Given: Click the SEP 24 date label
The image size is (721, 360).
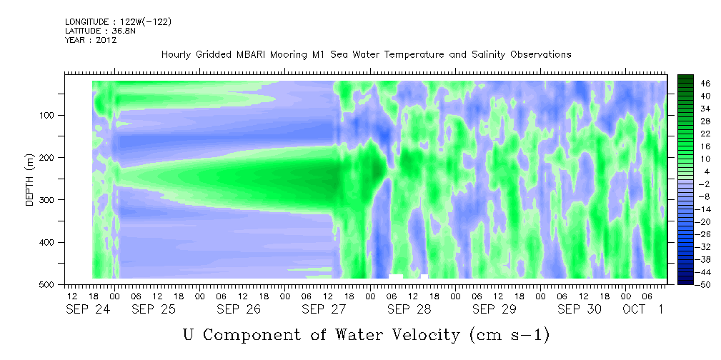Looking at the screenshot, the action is click(88, 309).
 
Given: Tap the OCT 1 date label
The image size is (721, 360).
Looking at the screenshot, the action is click(643, 309).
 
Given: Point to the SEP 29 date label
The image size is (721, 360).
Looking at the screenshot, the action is click(494, 309).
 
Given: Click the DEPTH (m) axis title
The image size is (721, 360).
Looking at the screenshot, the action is click(30, 179).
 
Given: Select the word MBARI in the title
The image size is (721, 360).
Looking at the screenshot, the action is click(252, 55).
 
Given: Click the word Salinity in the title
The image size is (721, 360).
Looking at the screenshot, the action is click(488, 55).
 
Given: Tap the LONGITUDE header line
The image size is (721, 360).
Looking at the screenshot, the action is click(119, 21).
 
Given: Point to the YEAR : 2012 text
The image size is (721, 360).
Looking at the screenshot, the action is click(91, 40).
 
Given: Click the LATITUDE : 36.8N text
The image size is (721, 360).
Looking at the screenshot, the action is click(101, 31).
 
